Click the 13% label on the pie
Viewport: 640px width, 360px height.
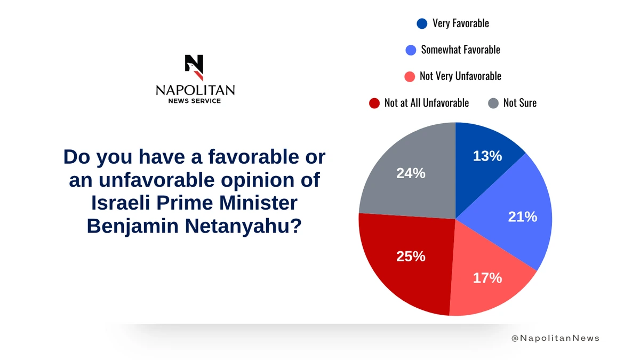coord(487,156)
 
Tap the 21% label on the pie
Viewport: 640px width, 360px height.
coord(523,217)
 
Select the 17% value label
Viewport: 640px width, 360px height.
coord(487,277)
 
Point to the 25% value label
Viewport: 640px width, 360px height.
coord(411,256)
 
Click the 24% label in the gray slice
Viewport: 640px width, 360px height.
coord(411,173)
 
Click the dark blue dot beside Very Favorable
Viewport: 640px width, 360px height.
coord(422,23)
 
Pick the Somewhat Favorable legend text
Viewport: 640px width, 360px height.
coord(460,50)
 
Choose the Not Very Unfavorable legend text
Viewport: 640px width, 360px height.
coord(460,76)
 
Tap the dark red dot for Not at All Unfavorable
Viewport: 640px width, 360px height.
coord(374,103)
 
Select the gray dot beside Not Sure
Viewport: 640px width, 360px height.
coord(493,103)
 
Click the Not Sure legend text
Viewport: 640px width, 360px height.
coord(519,103)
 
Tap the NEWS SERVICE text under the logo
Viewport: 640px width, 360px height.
coord(195,101)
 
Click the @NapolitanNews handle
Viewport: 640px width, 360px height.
coord(555,338)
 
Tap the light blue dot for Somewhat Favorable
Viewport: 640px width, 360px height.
coord(410,50)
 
